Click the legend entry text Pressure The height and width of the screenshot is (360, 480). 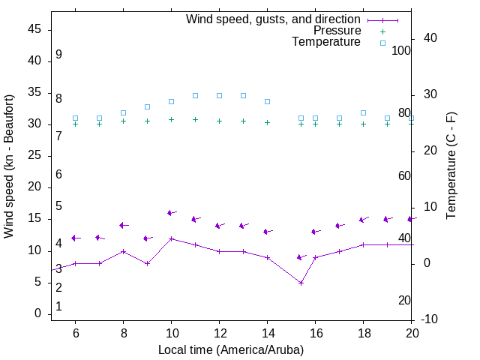pos(337,31)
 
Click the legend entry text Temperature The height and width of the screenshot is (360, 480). pos(326,42)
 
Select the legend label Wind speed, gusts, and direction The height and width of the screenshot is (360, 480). pos(273,19)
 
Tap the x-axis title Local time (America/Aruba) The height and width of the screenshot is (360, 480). pos(231,349)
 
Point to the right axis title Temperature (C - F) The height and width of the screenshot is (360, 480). pos(451,166)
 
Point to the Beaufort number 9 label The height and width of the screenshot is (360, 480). pos(58,55)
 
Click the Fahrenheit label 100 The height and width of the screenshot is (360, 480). pos(401,50)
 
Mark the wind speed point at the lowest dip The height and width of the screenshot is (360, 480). pos(301,283)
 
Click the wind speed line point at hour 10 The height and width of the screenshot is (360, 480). pos(172,238)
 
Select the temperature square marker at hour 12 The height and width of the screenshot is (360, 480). pos(219,95)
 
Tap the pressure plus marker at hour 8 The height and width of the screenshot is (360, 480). pos(123,121)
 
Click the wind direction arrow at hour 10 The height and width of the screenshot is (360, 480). pos(172,213)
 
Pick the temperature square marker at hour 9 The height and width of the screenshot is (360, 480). pos(147,106)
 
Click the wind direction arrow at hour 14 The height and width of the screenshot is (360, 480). pos(268,232)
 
